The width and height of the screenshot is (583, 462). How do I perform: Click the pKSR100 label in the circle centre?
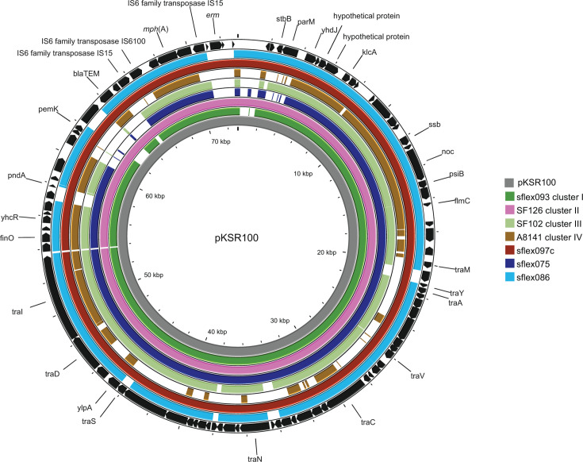click(x=238, y=237)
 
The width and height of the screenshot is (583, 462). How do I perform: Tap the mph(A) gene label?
click(x=155, y=29)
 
